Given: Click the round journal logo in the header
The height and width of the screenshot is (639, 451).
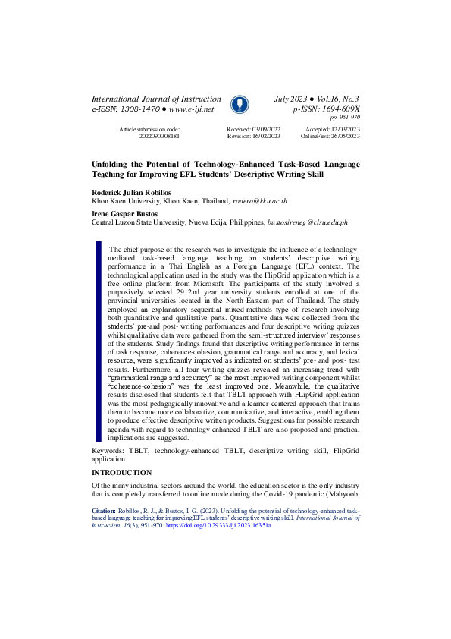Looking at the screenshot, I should (x=237, y=104).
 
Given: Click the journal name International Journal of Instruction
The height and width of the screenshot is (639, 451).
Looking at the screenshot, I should (x=156, y=99).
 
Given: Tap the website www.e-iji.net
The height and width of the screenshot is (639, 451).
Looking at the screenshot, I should (x=186, y=109).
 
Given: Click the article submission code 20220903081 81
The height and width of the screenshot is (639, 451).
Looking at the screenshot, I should (x=158, y=137).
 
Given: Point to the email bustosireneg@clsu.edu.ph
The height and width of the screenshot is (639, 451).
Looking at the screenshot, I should (x=303, y=222).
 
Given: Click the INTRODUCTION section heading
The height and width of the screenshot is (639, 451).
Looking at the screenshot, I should (x=121, y=473).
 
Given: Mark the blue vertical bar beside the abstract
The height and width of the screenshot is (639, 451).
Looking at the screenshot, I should (x=97, y=342).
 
